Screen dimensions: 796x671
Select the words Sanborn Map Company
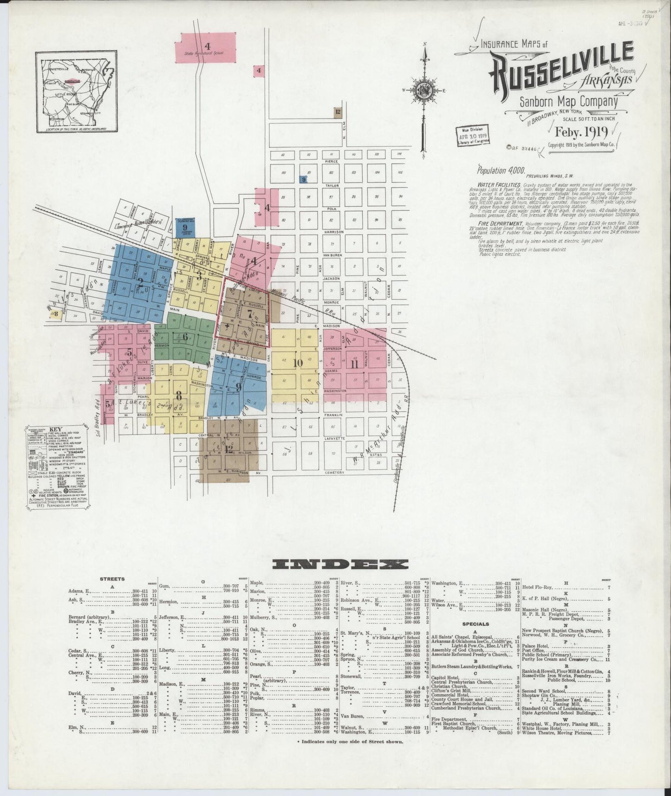[568, 101]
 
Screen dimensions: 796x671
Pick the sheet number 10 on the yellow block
[298, 363]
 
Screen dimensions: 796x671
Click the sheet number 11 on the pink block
[355, 364]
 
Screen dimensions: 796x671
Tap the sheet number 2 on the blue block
[140, 282]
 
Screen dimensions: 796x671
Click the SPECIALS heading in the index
[476, 624]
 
